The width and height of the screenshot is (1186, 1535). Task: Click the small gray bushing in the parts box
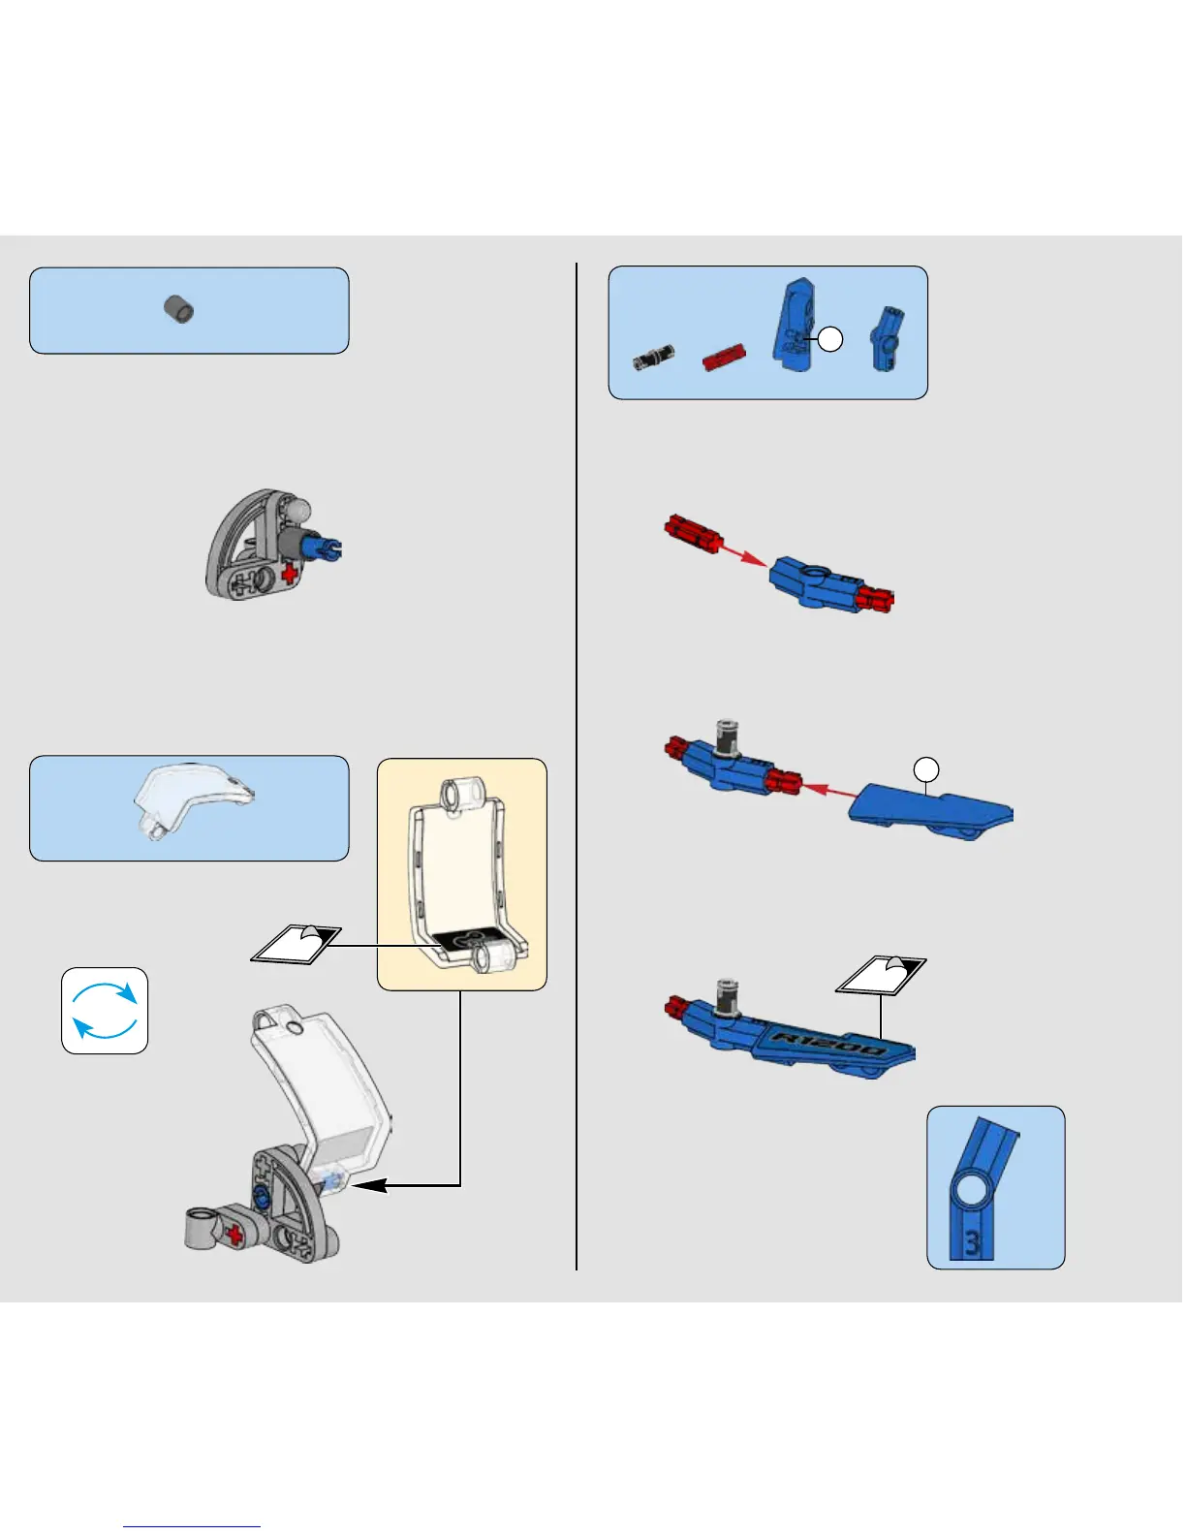pyautogui.click(x=178, y=309)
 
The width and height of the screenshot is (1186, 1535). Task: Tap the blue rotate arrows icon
pyautogui.click(x=105, y=1011)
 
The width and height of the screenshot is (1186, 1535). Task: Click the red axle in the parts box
pyautogui.click(x=724, y=358)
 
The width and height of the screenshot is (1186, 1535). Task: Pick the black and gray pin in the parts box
pyautogui.click(x=653, y=358)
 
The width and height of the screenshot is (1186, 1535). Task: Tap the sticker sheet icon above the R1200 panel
pyautogui.click(x=881, y=975)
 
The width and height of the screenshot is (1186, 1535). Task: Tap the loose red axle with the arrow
pyautogui.click(x=690, y=534)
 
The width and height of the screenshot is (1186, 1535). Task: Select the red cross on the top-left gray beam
pyautogui.click(x=289, y=575)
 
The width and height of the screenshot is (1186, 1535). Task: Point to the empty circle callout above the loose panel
pyautogui.click(x=927, y=770)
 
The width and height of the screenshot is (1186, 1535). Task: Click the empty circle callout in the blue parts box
pyautogui.click(x=829, y=339)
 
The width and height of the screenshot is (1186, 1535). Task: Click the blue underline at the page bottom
pyautogui.click(x=192, y=1526)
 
